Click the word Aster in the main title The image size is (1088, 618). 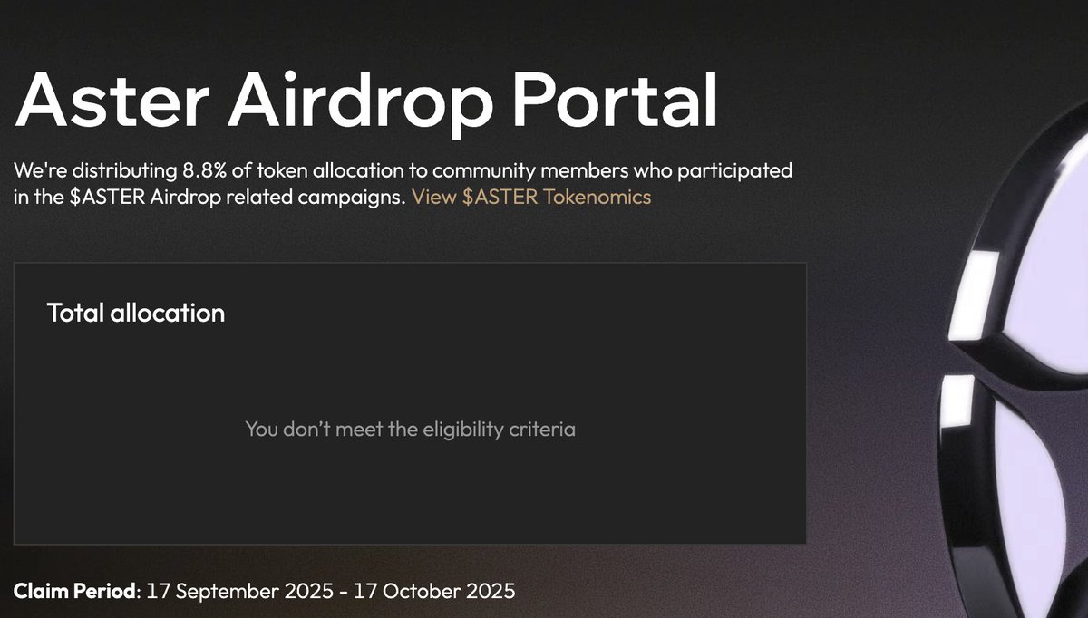(112, 100)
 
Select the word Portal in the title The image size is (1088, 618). (615, 100)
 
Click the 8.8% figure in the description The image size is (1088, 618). (205, 170)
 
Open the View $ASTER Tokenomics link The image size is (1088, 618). (531, 198)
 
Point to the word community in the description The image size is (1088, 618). (484, 171)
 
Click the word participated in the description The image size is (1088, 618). (735, 171)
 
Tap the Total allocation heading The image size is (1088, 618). (136, 313)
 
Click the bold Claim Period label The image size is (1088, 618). (74, 592)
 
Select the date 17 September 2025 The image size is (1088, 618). (240, 592)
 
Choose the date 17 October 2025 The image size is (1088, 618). (434, 592)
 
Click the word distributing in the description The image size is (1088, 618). (124, 171)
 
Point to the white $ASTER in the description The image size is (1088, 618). (107, 198)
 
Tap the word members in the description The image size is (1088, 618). (584, 170)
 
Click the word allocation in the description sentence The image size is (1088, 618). (358, 170)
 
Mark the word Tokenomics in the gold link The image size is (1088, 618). (597, 198)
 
